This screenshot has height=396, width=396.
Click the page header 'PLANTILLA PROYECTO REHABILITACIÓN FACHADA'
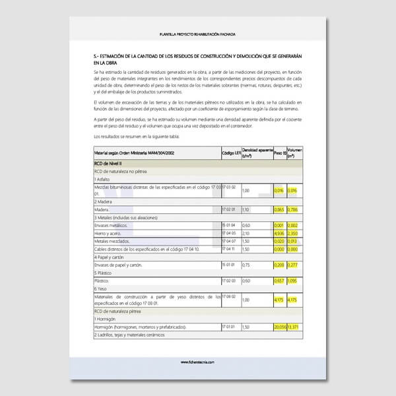[x=197, y=34]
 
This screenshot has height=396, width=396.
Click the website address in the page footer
[x=197, y=361]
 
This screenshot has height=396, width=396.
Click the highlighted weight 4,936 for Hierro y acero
[x=279, y=233]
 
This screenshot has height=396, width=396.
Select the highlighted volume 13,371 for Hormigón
[x=294, y=327]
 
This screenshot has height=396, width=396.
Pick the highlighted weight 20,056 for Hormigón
[x=279, y=327]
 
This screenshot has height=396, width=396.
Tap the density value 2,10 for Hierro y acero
[x=246, y=233]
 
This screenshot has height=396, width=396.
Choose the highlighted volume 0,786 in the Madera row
[x=293, y=209]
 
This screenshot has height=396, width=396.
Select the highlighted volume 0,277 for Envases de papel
[x=293, y=265]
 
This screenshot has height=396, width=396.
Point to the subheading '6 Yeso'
[x=101, y=288]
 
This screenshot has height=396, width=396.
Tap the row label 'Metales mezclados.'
[x=110, y=241]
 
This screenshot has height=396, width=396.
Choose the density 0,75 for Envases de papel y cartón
[x=246, y=265]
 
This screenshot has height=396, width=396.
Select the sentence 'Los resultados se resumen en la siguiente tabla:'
[x=137, y=136]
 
